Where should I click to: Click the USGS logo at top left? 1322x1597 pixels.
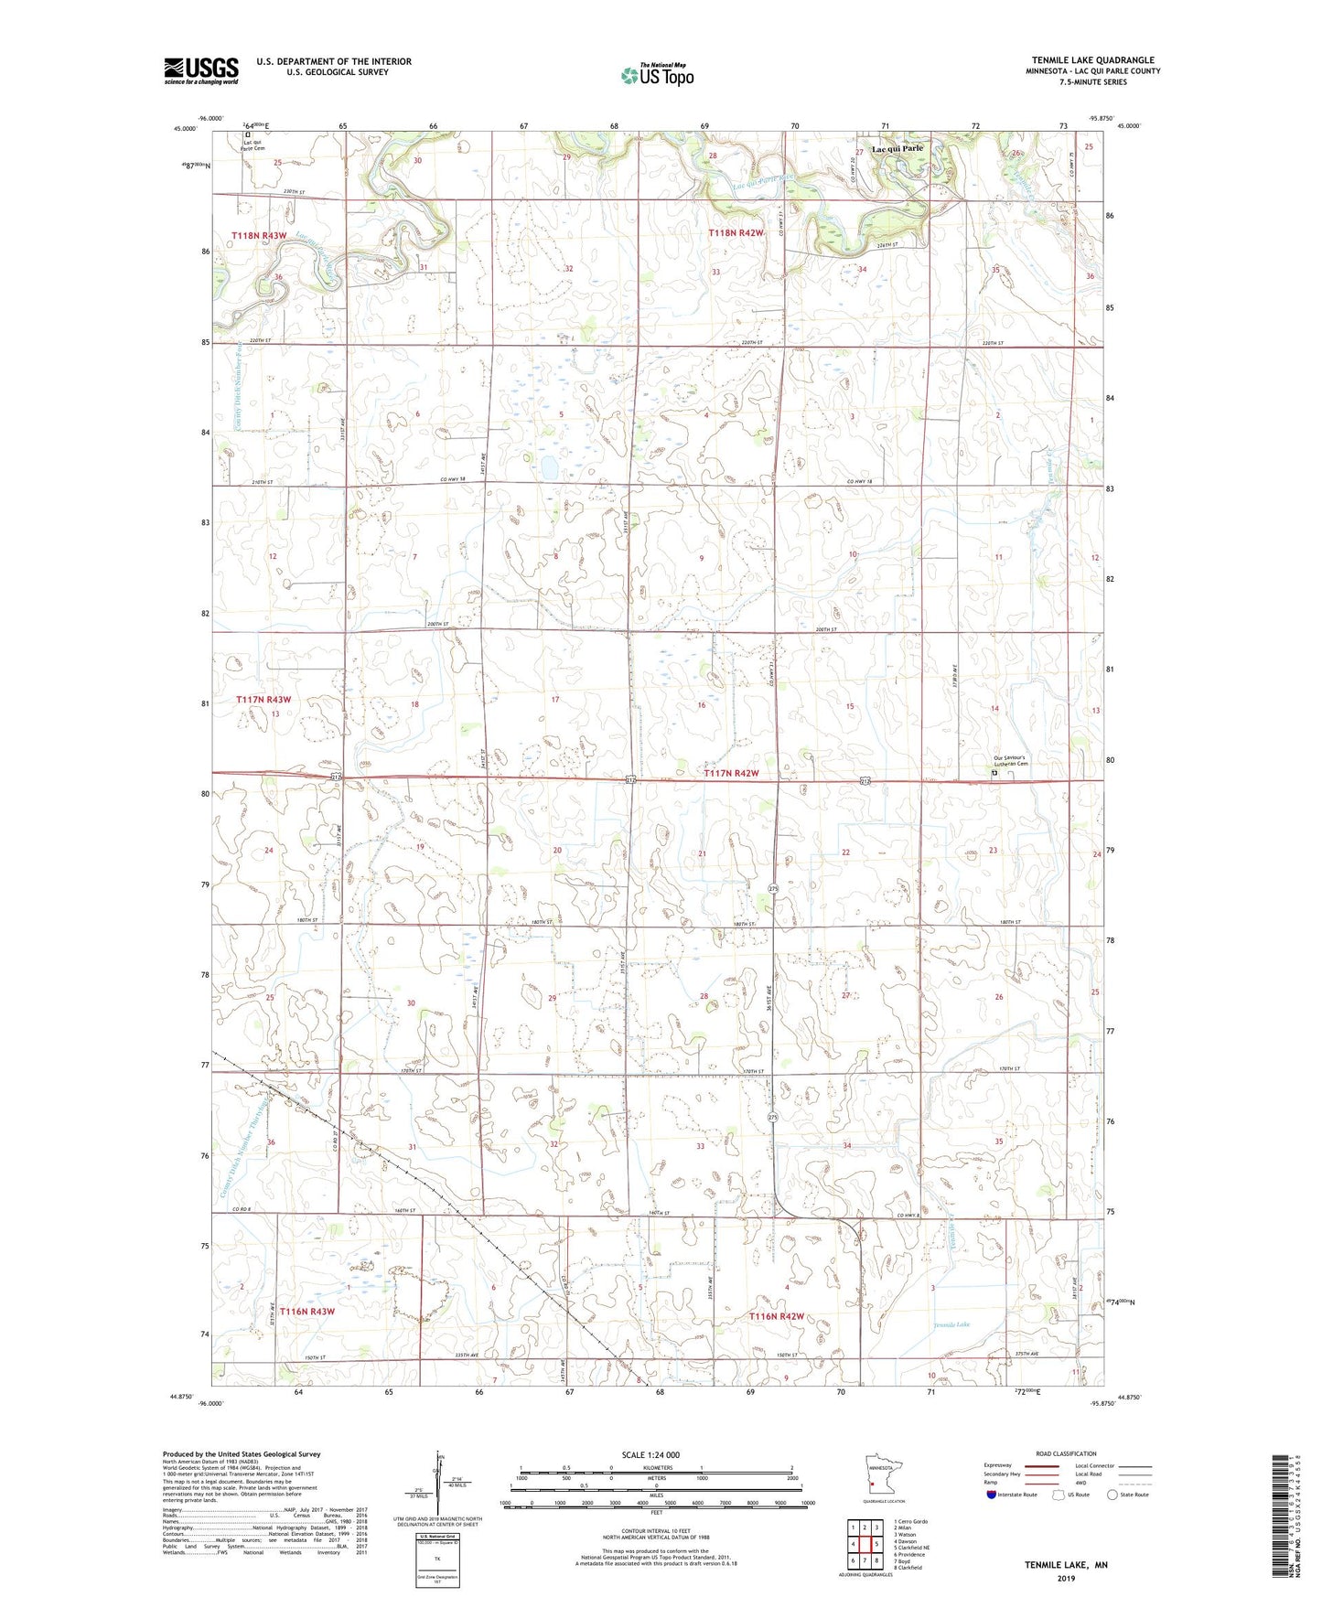pyautogui.click(x=201, y=70)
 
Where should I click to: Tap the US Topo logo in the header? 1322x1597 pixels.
pyautogui.click(x=656, y=75)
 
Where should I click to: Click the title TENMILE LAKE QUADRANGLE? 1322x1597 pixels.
pyautogui.click(x=1092, y=60)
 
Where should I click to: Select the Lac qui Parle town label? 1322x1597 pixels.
pyautogui.click(x=897, y=148)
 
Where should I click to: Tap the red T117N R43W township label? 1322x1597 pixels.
pyautogui.click(x=263, y=700)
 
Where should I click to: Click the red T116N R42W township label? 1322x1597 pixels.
pyautogui.click(x=777, y=1316)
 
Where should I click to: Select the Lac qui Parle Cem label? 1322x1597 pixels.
pyautogui.click(x=253, y=145)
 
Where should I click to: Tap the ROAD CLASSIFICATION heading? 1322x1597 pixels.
pyautogui.click(x=1066, y=1453)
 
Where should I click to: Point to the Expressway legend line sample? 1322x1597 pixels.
pyautogui.click(x=1043, y=1465)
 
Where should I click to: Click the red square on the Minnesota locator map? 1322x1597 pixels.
pyautogui.click(x=873, y=1485)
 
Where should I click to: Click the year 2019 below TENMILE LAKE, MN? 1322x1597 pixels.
pyautogui.click(x=1066, y=1579)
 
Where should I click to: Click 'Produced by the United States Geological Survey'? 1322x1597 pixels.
pyautogui.click(x=242, y=1454)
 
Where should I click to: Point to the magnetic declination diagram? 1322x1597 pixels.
pyautogui.click(x=439, y=1484)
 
